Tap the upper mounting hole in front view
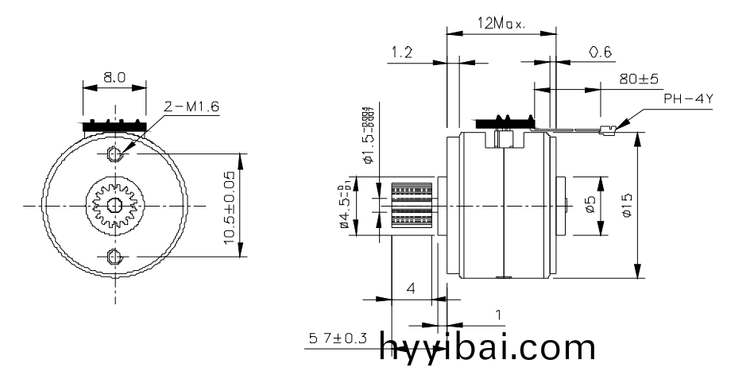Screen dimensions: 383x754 click(113, 152)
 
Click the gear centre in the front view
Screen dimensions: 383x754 click(113, 204)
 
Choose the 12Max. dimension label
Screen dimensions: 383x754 click(501, 24)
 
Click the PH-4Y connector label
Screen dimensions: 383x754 click(688, 99)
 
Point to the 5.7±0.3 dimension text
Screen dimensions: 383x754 click(338, 339)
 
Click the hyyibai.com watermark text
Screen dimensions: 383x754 click(487, 347)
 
